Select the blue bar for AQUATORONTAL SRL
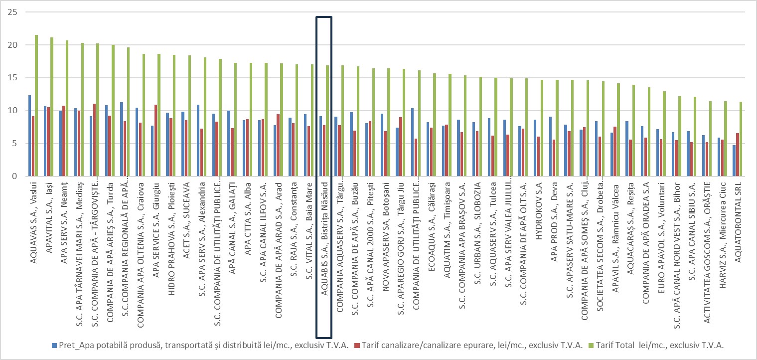click(x=734, y=161)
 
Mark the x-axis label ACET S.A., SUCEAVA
click(x=186, y=209)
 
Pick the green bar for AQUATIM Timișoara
click(x=450, y=125)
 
